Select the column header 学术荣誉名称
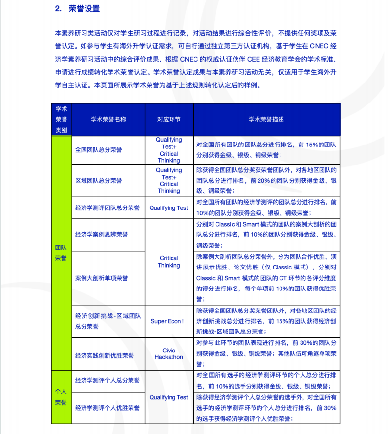point(108,120)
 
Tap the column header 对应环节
point(169,120)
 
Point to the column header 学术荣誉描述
point(266,120)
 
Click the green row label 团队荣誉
point(61,252)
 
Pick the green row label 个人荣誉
point(61,396)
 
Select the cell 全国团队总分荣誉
point(98,150)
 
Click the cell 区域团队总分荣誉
point(98,181)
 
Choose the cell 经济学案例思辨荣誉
point(101,235)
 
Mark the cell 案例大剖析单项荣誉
point(101,278)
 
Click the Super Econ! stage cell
point(167,321)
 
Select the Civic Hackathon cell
point(169,354)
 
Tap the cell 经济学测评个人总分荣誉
point(107,380)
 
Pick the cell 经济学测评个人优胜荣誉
point(107,408)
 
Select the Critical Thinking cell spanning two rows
point(169,262)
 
